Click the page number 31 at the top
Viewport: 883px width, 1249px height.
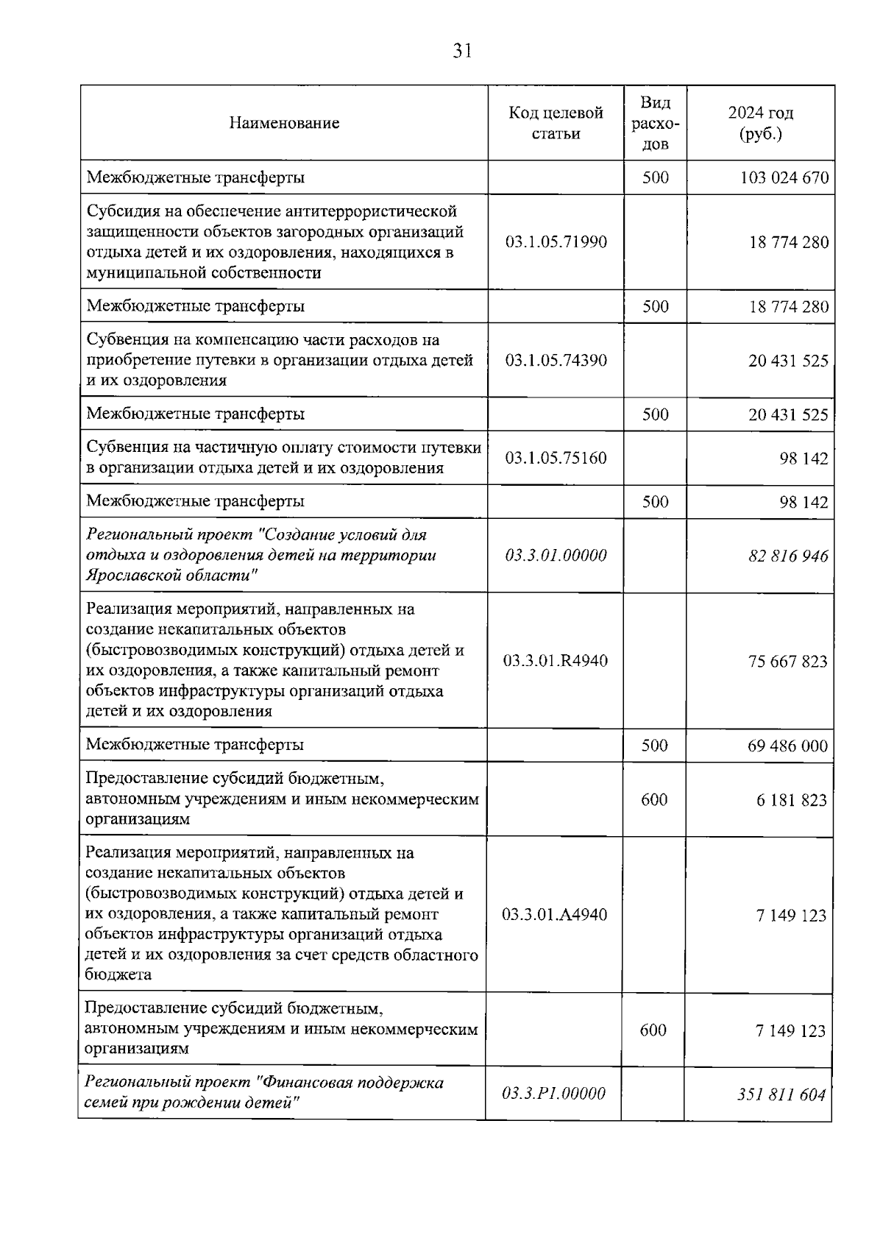pyautogui.click(x=462, y=51)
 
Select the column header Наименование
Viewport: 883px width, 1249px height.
pyautogui.click(x=284, y=123)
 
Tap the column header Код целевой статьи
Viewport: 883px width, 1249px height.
pyautogui.click(x=556, y=123)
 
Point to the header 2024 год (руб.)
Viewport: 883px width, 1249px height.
pyautogui.click(x=761, y=123)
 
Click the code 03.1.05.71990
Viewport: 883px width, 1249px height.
pyautogui.click(x=556, y=242)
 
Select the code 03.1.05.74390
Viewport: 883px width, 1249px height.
pyautogui.click(x=556, y=361)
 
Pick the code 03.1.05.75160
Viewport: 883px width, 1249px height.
pyautogui.click(x=556, y=458)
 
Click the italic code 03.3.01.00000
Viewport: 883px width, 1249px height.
pyautogui.click(x=556, y=556)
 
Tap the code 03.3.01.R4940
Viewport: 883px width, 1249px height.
pyautogui.click(x=556, y=661)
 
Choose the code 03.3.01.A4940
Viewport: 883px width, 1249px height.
pyautogui.click(x=555, y=915)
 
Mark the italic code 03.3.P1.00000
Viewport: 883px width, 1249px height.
pyautogui.click(x=553, y=1094)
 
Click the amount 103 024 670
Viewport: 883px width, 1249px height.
pyautogui.click(x=784, y=178)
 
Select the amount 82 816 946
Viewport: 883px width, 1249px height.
pyautogui.click(x=788, y=556)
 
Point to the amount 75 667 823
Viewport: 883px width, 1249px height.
pyautogui.click(x=787, y=662)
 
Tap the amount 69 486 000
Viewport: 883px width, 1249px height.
pyautogui.click(x=787, y=746)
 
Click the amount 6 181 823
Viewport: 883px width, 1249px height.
pyautogui.click(x=791, y=800)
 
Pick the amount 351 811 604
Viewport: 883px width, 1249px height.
pyautogui.click(x=781, y=1094)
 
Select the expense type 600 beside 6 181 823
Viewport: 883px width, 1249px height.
pyautogui.click(x=654, y=799)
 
